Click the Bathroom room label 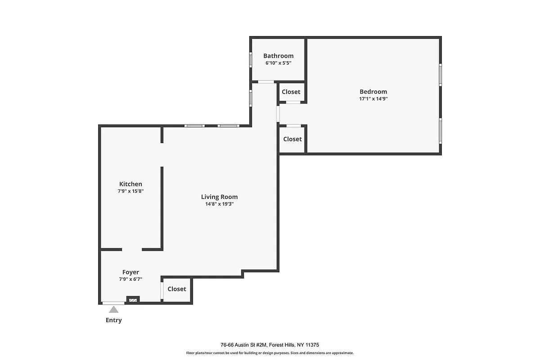278,56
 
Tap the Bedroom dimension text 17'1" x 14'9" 373,99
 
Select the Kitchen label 130,184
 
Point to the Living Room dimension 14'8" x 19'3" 219,204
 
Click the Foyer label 130,272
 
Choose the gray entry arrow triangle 113,309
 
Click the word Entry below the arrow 113,320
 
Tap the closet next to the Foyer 176,289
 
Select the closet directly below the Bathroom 291,92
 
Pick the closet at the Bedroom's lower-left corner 292,139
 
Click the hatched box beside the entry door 133,299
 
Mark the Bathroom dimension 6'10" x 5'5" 278,63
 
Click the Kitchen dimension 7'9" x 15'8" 130,191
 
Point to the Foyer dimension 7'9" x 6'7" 130,279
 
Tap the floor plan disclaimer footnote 270,353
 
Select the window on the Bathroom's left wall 251,60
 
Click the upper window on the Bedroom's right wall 441,74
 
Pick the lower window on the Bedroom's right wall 441,130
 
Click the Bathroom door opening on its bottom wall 265,81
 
